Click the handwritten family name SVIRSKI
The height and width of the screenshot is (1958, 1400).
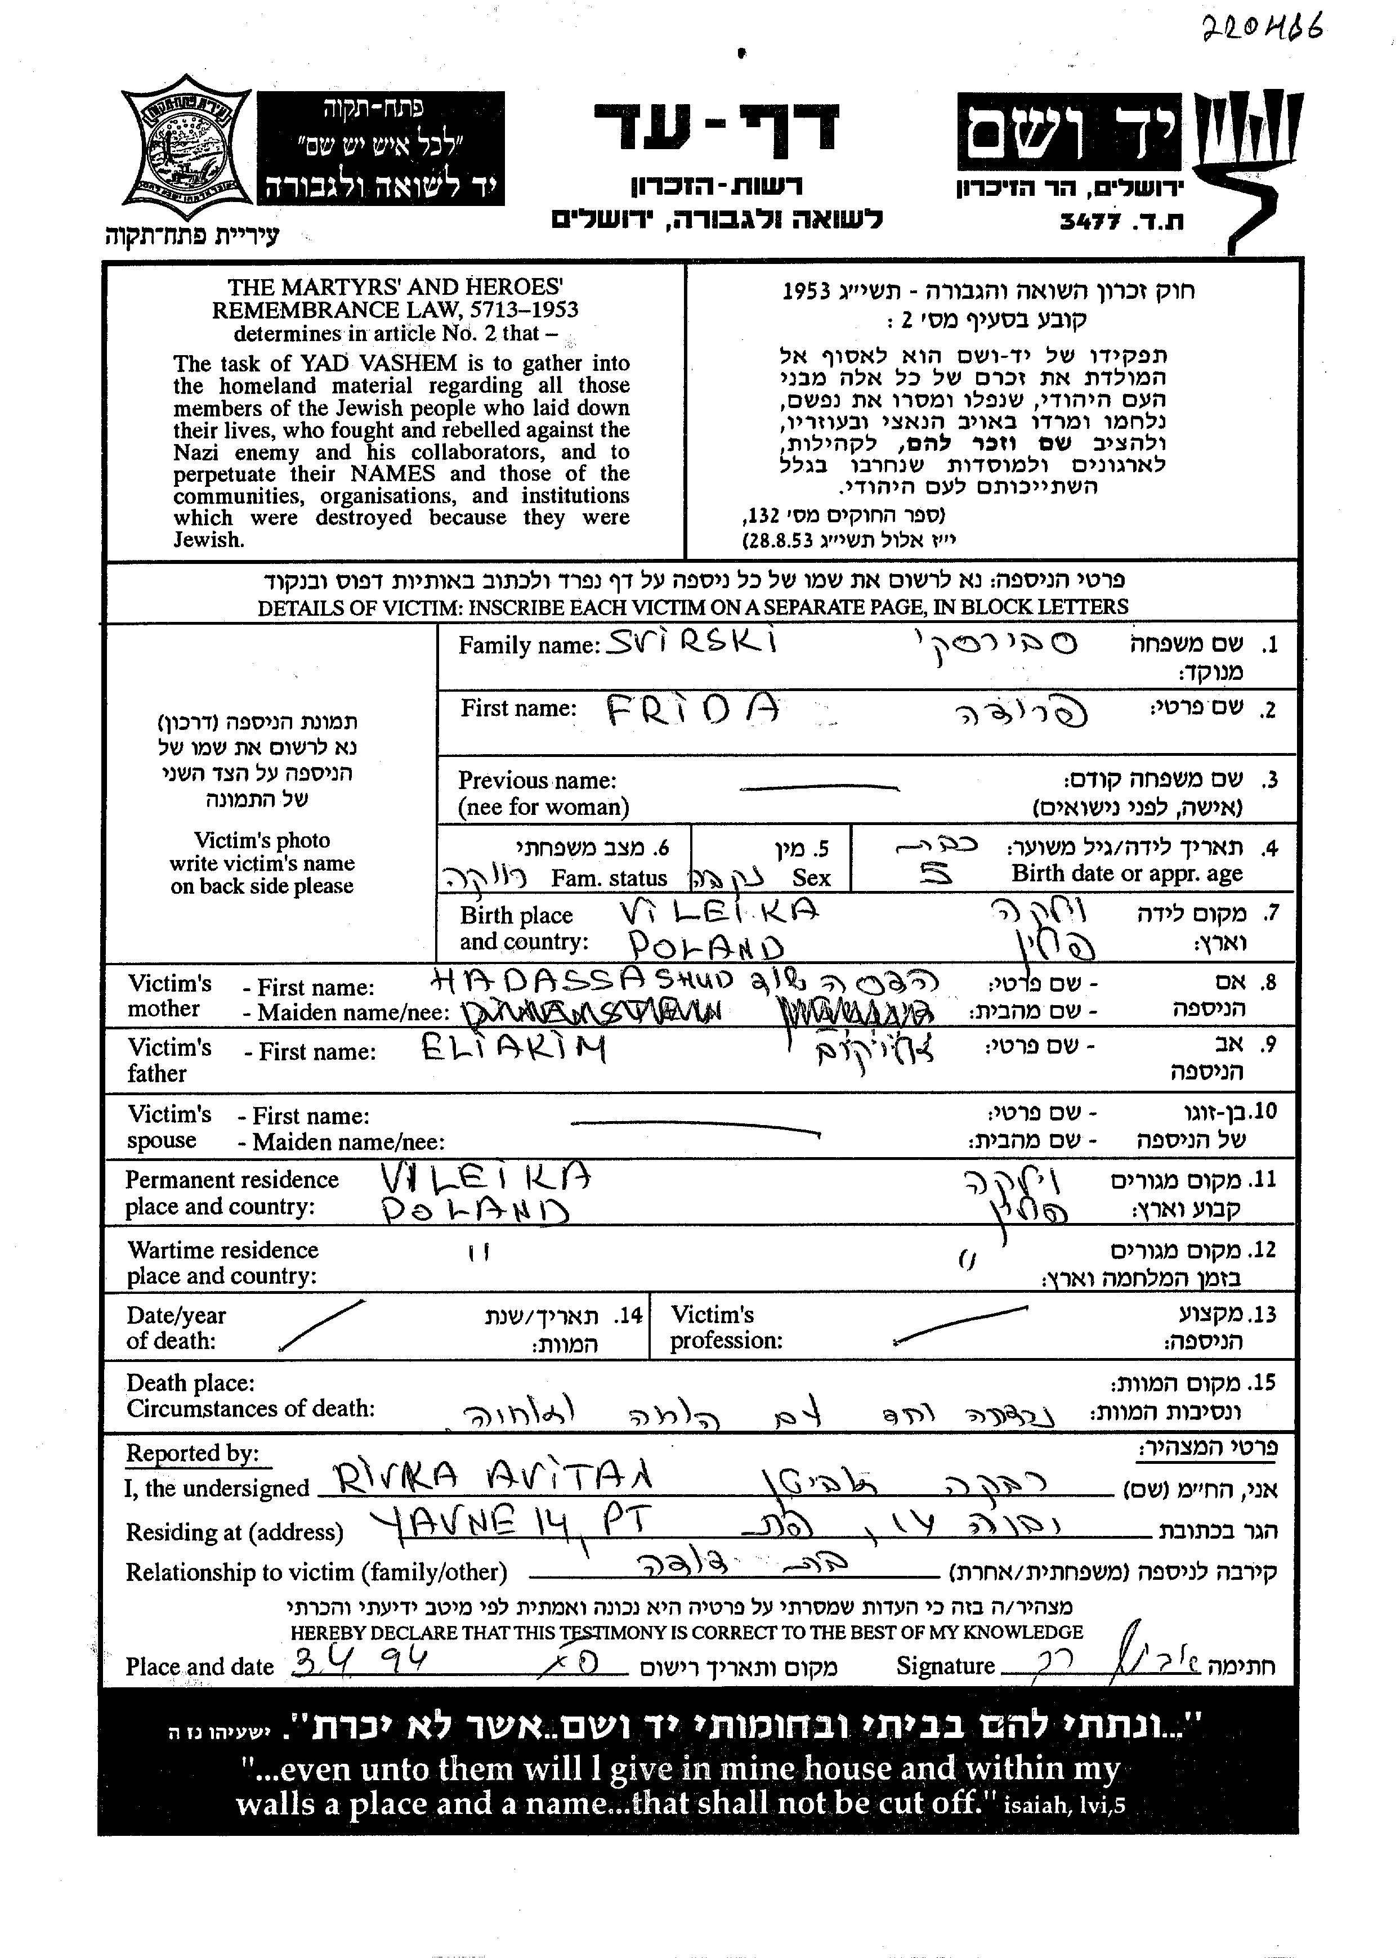691,640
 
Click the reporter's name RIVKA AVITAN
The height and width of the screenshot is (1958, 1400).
493,1479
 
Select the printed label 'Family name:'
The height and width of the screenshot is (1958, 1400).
529,646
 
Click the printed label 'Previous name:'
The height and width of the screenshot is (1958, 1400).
537,781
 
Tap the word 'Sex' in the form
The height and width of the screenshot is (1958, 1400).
811,878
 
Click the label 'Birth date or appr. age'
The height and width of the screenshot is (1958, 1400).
1127,874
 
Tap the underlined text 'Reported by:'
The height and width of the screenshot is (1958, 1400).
193,1454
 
